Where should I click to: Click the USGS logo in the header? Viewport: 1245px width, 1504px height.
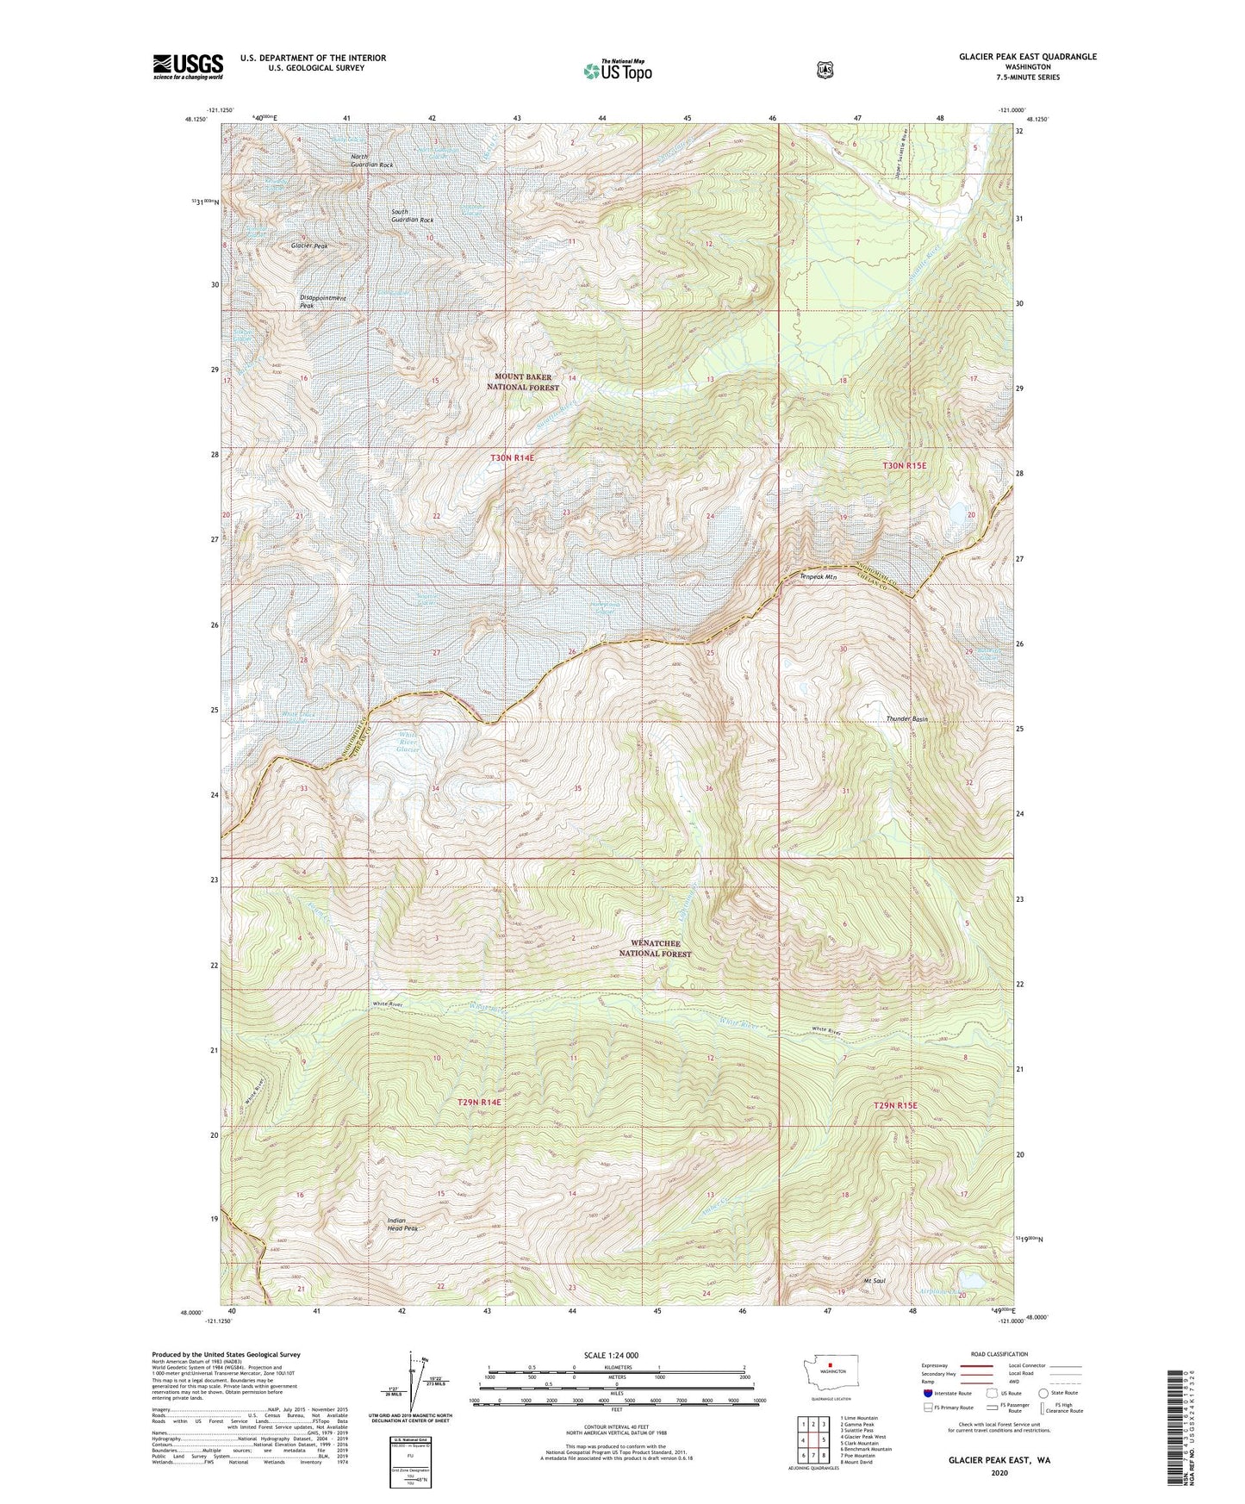(x=188, y=66)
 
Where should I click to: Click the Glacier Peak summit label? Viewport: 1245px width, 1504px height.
(x=308, y=246)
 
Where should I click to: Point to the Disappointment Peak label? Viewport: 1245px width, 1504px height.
(x=322, y=301)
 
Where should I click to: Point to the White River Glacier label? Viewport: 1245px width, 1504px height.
(x=408, y=743)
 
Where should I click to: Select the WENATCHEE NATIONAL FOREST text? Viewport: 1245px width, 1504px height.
(x=656, y=948)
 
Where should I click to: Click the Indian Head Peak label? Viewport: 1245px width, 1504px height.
(x=397, y=1225)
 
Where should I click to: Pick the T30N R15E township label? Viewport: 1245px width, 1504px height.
(x=905, y=465)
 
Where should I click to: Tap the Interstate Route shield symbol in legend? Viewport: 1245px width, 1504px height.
(x=927, y=1393)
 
